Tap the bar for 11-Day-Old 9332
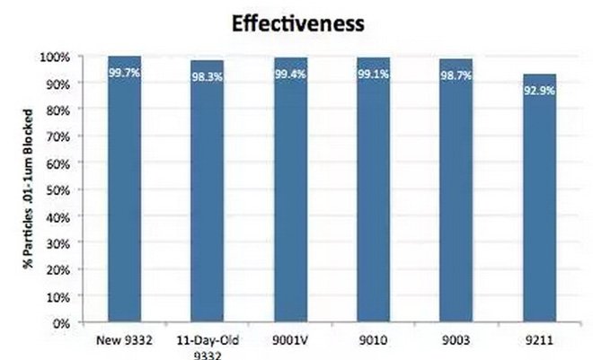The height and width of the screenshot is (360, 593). click(208, 193)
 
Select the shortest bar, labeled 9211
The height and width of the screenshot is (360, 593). click(539, 202)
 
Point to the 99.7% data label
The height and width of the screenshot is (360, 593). click(125, 71)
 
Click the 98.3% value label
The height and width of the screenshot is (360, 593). click(208, 76)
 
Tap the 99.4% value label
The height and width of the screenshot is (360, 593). click(291, 74)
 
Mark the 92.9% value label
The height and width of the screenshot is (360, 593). click(539, 91)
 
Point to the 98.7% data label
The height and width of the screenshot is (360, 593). click(456, 75)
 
